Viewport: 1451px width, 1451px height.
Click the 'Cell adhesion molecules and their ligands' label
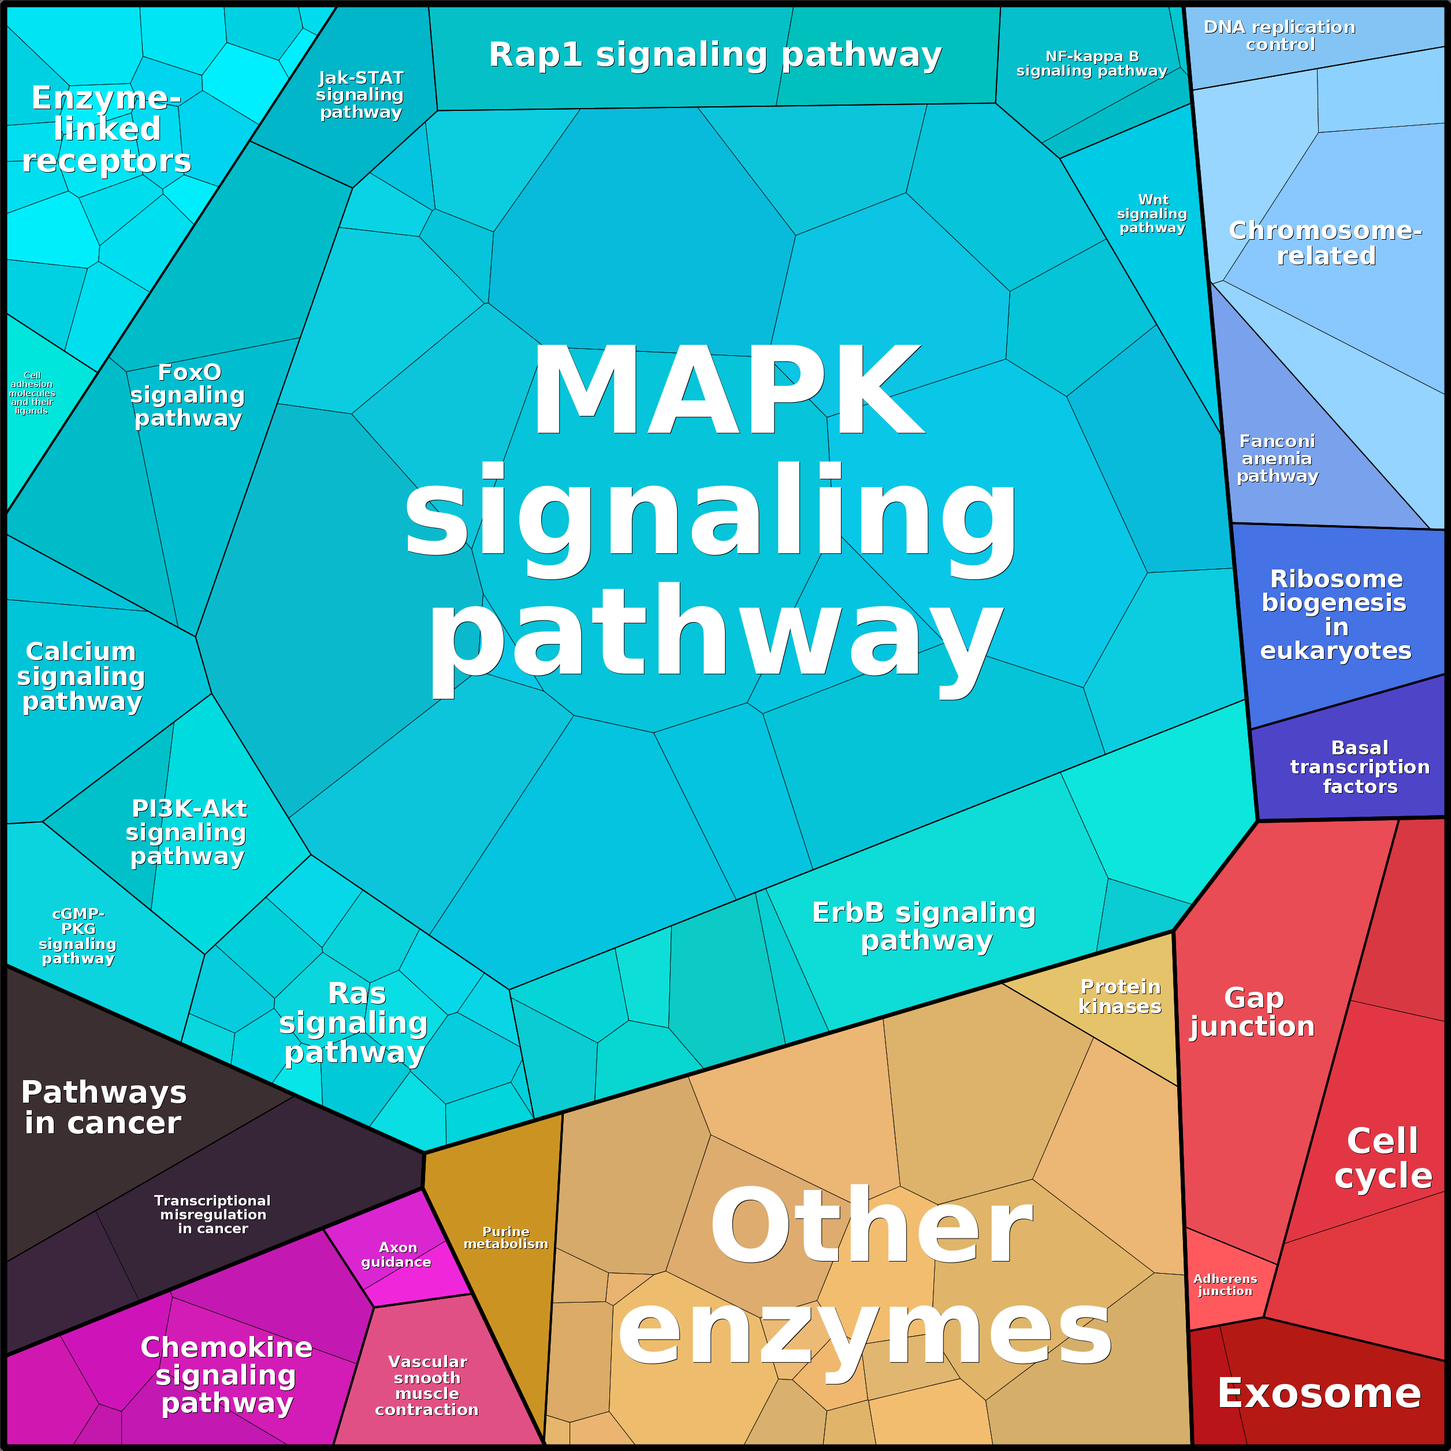(x=32, y=393)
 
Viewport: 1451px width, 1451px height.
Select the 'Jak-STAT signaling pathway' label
(x=360, y=95)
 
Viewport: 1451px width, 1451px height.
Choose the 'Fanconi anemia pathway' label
(x=1277, y=458)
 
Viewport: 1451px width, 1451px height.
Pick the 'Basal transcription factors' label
(x=1359, y=767)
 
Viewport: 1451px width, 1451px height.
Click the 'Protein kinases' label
(x=1120, y=996)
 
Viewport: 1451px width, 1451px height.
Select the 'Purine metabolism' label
(x=505, y=1238)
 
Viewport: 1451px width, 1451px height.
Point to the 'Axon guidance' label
(x=397, y=1254)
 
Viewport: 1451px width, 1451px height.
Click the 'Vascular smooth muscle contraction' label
(x=427, y=1385)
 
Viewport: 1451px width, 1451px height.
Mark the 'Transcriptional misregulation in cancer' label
(x=213, y=1214)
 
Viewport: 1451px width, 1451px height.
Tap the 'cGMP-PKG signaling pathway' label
(x=78, y=936)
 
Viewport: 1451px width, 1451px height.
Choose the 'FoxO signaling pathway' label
(x=188, y=395)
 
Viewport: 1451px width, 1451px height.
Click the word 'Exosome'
(x=1319, y=1394)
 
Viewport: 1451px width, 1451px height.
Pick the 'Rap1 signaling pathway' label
(x=715, y=55)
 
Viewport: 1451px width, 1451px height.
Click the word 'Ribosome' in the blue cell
(x=1336, y=579)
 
